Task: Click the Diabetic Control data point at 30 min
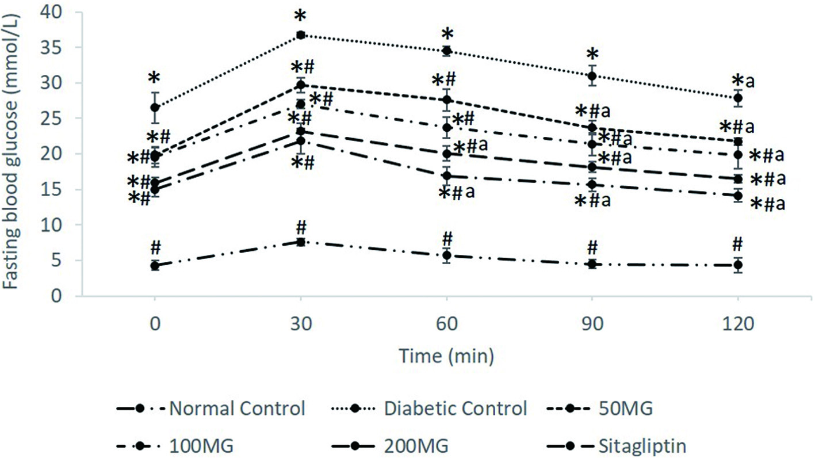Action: click(300, 35)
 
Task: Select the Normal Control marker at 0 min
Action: click(155, 265)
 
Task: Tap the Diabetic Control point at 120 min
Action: click(738, 98)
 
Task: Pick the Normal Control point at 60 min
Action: click(446, 255)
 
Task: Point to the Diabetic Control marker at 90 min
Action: click(592, 76)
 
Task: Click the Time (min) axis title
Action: click(446, 356)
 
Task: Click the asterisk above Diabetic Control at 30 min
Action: click(300, 16)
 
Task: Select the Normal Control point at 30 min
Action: click(300, 242)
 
